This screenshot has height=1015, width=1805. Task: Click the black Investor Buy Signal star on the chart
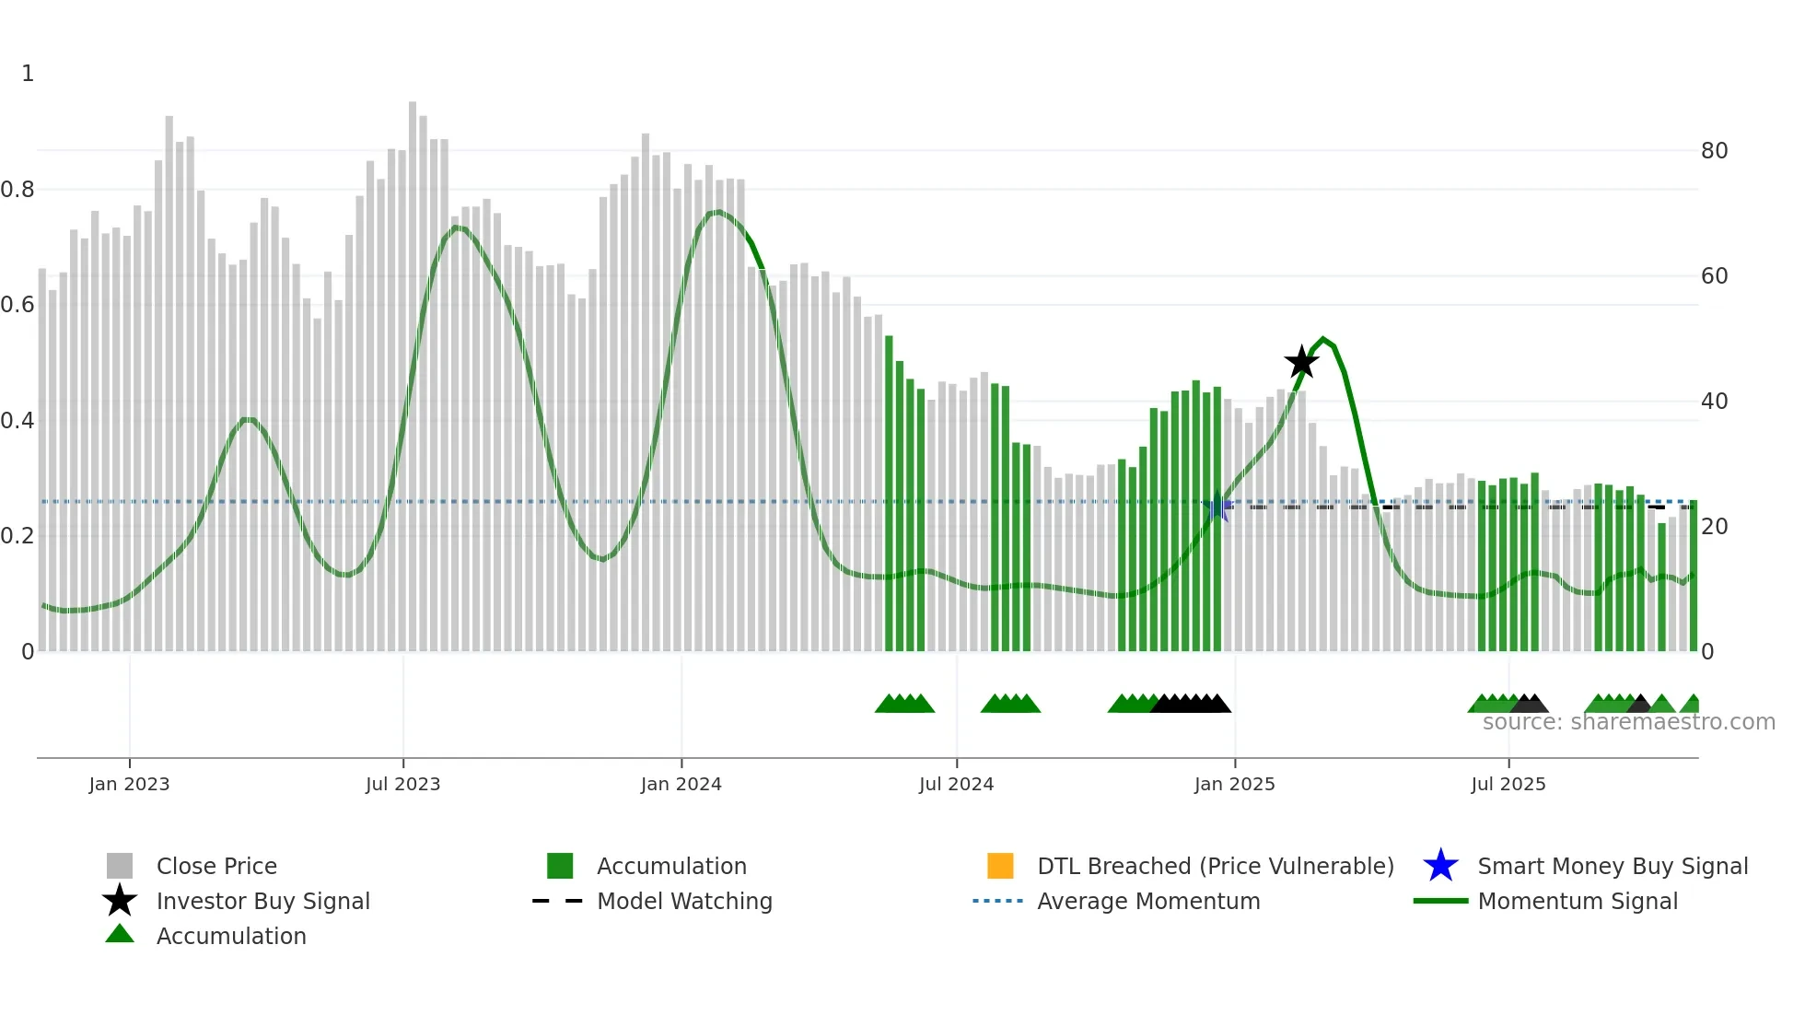(x=1301, y=363)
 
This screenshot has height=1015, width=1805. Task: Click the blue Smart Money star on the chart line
(x=1218, y=506)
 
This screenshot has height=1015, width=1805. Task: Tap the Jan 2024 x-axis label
(x=681, y=784)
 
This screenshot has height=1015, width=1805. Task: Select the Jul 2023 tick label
(x=402, y=784)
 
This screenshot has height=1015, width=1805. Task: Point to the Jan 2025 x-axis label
(x=1234, y=784)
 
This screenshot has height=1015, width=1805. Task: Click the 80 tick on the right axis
(x=1714, y=151)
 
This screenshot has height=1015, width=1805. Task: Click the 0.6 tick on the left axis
(x=18, y=305)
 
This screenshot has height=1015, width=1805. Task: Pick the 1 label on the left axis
(x=28, y=74)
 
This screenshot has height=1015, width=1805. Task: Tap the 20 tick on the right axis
(x=1714, y=527)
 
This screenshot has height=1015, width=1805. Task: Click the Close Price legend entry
(x=215, y=866)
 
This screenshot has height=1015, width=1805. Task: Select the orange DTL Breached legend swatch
(x=1000, y=866)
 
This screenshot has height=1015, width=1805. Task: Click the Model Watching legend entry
(x=683, y=901)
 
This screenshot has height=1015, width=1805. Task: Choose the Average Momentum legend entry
(x=1147, y=901)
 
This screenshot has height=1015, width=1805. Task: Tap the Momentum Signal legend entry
(x=1577, y=901)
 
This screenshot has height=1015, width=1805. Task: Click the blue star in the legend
(x=1440, y=866)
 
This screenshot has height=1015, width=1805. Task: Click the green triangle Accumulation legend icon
(x=120, y=934)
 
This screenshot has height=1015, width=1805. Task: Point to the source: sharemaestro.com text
(x=1628, y=722)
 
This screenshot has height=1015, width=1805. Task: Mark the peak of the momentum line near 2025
(x=1323, y=339)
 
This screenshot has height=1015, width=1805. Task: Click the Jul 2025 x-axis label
(x=1508, y=784)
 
